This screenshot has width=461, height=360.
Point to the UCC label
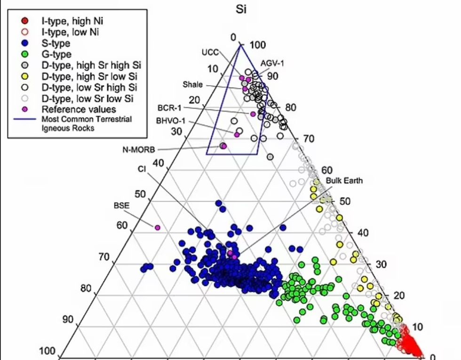[x=210, y=51]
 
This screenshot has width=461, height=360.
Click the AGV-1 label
[x=272, y=63]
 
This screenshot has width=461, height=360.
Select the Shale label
[x=192, y=84]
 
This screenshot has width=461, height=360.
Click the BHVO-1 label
[x=171, y=120]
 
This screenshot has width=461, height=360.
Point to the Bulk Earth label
[x=344, y=181]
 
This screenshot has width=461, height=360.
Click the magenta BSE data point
[x=158, y=227]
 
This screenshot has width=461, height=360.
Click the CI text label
[x=142, y=168]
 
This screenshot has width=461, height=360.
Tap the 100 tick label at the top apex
[x=258, y=45]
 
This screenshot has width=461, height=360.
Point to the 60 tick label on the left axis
[x=122, y=225]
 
